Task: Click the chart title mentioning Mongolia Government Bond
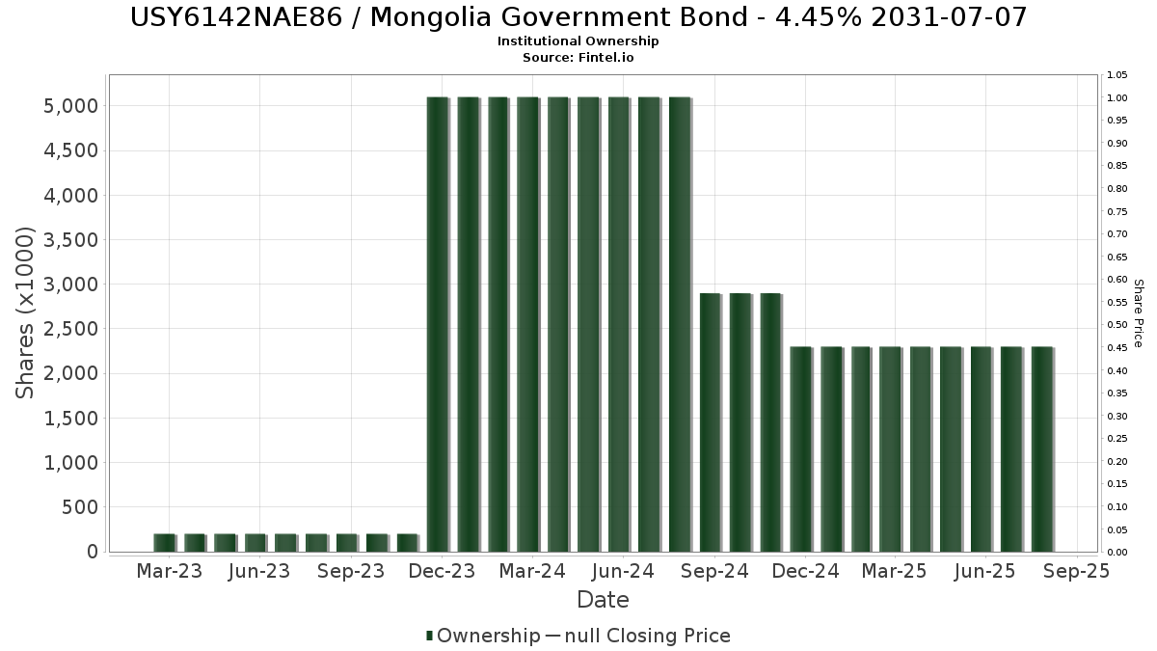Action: [x=578, y=17]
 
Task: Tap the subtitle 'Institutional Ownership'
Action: [x=578, y=41]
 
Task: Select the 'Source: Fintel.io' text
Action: [x=578, y=57]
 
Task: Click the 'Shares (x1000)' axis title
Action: [x=25, y=312]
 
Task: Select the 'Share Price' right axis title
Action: [x=1138, y=312]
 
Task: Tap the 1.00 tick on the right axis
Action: [x=1117, y=97]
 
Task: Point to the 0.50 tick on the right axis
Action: [x=1117, y=325]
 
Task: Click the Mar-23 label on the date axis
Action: [x=169, y=572]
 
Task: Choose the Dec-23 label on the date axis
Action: [x=441, y=572]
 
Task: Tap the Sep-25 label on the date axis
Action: [x=1076, y=572]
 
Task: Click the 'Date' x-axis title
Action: [x=603, y=600]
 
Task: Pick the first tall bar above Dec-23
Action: [x=438, y=324]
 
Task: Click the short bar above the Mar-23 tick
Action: [x=164, y=542]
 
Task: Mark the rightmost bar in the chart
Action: [x=1042, y=448]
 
